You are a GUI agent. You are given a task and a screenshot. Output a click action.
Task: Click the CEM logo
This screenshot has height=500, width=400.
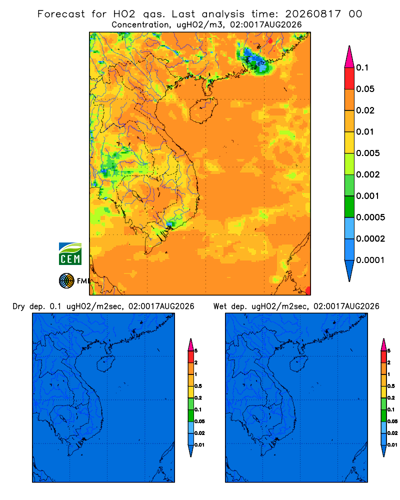point(70,253)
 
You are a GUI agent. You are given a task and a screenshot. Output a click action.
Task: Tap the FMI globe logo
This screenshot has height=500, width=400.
point(66,280)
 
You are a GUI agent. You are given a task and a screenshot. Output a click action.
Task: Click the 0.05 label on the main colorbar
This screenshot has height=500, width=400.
point(365,89)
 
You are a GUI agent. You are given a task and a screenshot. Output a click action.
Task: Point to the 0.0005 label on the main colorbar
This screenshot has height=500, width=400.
point(370,217)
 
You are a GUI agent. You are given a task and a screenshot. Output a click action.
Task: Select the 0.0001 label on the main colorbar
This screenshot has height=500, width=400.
point(370,260)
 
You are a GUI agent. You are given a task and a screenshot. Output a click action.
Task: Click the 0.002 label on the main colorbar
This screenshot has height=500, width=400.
point(368,174)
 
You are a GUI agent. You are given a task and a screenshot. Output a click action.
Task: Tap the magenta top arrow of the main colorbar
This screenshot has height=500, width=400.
point(349,56)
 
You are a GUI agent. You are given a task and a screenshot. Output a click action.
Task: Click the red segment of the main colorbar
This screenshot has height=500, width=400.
point(349,78)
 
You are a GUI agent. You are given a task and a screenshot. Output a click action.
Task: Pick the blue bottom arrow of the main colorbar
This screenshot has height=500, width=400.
point(349,271)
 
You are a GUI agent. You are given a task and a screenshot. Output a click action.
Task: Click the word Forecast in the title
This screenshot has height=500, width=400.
point(61,14)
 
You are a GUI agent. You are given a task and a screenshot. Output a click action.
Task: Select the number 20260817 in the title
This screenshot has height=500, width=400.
point(312,14)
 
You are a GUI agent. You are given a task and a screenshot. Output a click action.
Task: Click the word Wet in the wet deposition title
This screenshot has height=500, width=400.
point(219,306)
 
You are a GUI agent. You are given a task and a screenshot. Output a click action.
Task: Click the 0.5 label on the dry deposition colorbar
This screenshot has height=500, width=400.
point(198,386)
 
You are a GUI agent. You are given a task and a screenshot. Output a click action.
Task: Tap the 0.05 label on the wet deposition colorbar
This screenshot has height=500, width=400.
point(392,421)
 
